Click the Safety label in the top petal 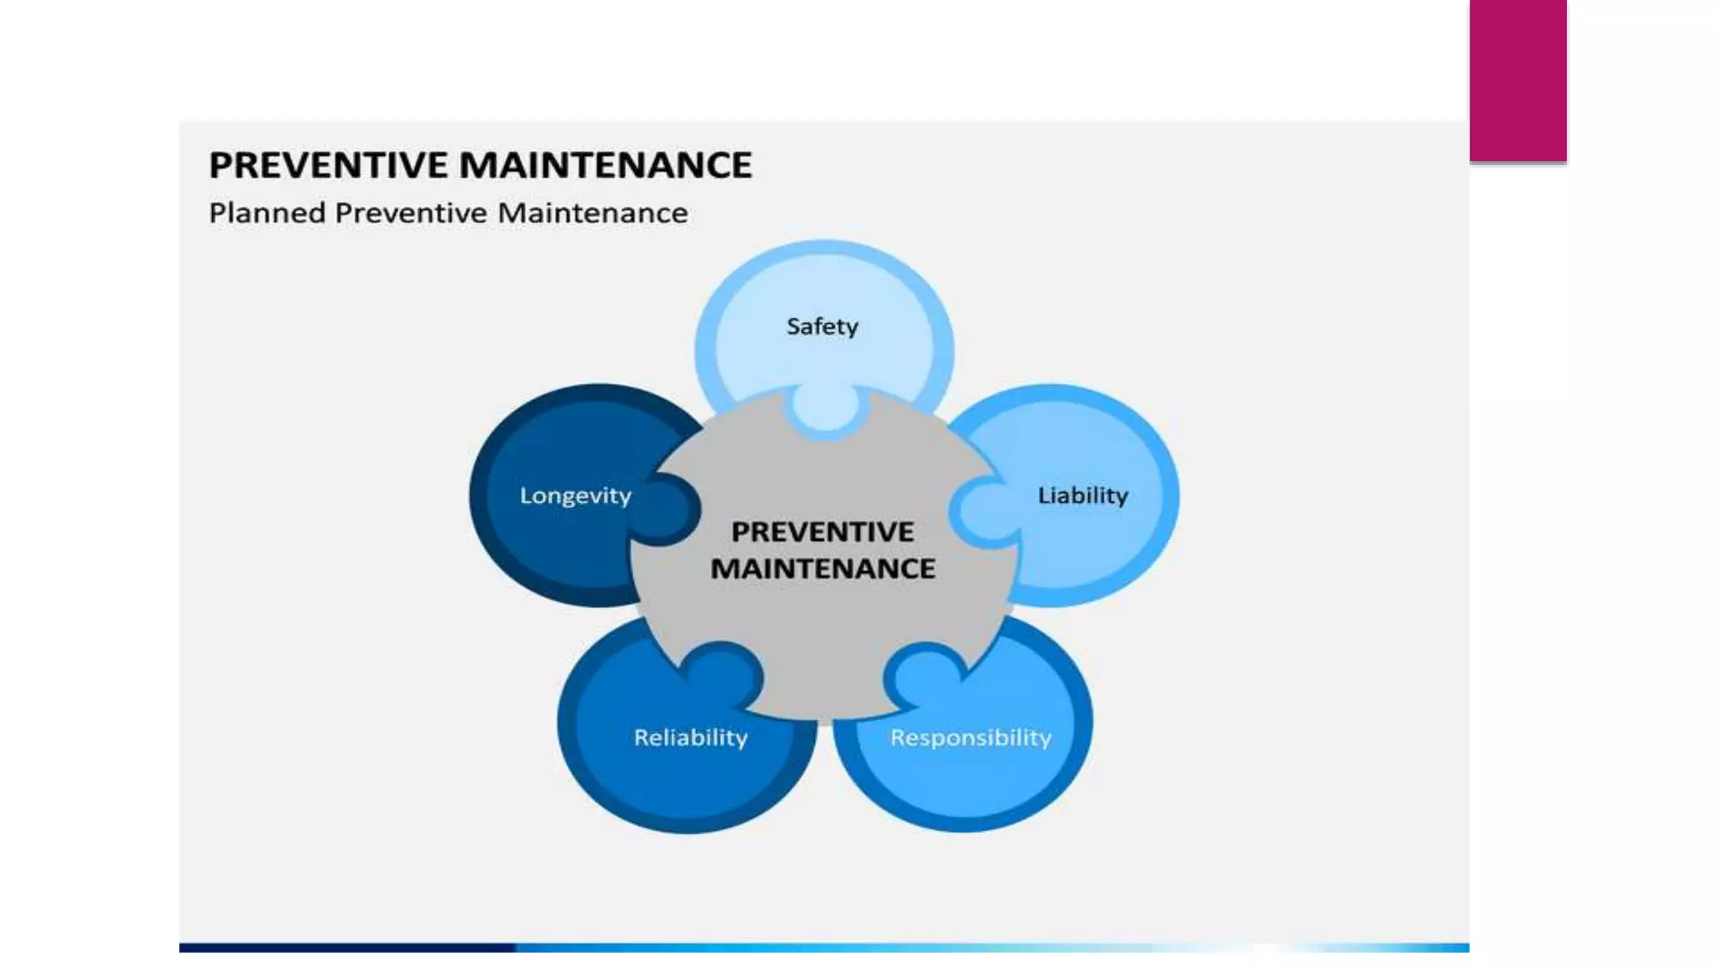(x=822, y=326)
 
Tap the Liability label (x=1082, y=496)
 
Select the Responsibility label (x=970, y=738)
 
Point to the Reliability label (x=690, y=738)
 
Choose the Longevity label (x=575, y=496)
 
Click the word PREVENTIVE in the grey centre (x=822, y=532)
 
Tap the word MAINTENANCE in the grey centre (x=822, y=569)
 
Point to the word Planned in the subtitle (x=267, y=213)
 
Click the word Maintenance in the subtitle (x=593, y=213)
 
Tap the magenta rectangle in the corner (x=1517, y=80)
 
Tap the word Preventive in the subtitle (x=411, y=213)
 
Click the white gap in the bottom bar (x=1266, y=948)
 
